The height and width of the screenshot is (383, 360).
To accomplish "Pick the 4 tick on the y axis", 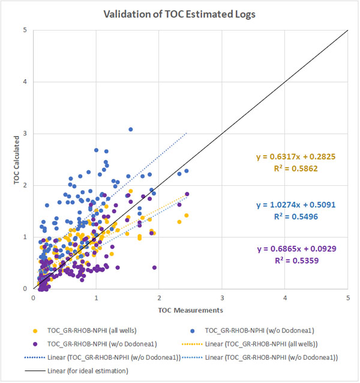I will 25,82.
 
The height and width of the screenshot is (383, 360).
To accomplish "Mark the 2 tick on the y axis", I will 25,185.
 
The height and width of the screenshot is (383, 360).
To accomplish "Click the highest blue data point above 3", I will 130,129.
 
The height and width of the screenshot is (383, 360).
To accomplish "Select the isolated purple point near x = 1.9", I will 155,267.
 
